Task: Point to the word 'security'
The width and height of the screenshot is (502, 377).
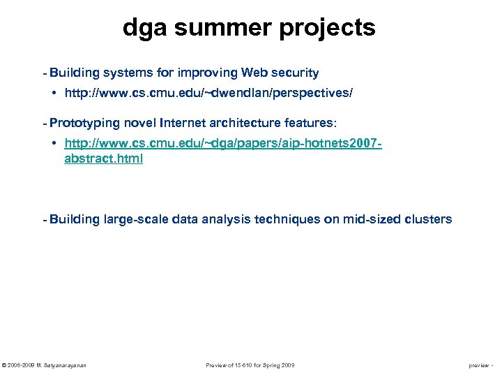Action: click(296, 73)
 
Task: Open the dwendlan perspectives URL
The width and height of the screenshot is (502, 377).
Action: click(213, 92)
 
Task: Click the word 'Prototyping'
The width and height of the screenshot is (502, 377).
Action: click(85, 124)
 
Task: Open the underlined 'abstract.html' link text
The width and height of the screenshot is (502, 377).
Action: click(103, 158)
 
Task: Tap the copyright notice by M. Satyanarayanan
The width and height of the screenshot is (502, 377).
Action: click(45, 365)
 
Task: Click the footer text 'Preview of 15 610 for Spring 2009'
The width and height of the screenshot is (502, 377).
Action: click(250, 365)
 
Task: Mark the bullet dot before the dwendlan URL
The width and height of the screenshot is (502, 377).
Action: click(54, 92)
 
